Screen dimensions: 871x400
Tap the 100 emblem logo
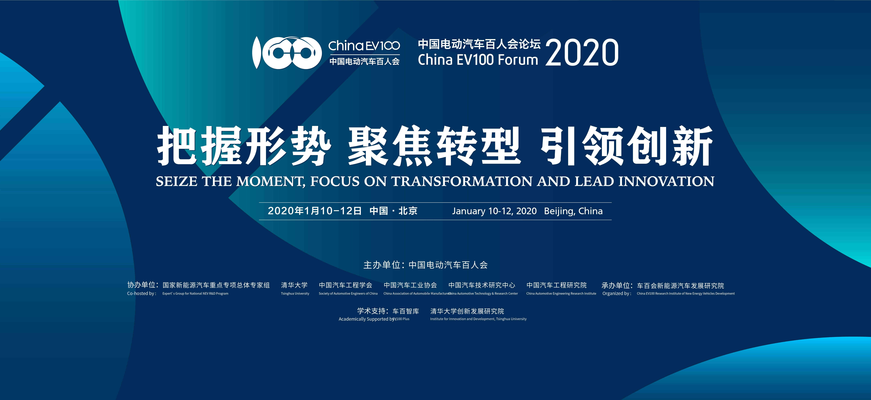coord(287,52)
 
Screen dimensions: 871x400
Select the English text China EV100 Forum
coord(478,60)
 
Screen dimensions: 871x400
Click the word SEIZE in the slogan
coord(176,181)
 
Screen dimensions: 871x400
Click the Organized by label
coord(617,293)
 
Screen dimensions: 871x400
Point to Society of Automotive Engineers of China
coord(348,293)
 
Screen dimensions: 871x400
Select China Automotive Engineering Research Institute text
coord(561,293)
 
